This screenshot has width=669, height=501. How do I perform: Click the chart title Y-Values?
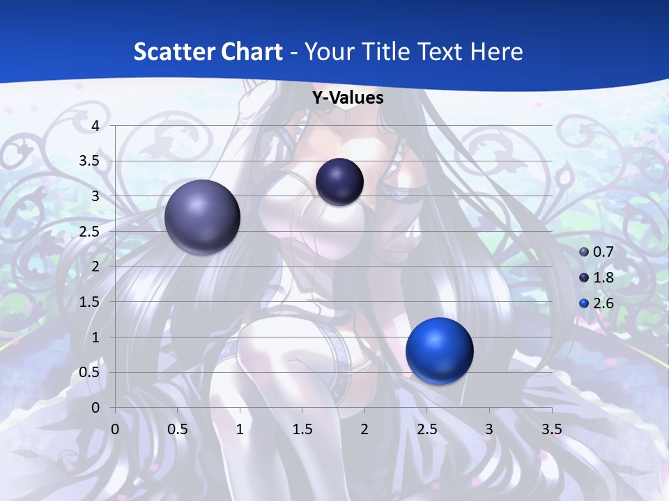[348, 98]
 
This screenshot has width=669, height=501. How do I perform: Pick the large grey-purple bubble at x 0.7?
[202, 217]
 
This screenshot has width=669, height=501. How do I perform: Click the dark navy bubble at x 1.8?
[339, 182]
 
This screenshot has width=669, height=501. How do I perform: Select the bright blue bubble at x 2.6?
[439, 351]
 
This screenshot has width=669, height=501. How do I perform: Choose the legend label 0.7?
[603, 252]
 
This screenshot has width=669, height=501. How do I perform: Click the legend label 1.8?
[603, 278]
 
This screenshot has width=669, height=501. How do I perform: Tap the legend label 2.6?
[603, 303]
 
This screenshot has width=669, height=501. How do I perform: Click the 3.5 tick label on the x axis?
[551, 429]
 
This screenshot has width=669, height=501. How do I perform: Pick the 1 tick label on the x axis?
[240, 429]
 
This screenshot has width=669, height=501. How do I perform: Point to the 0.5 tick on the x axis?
[178, 429]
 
